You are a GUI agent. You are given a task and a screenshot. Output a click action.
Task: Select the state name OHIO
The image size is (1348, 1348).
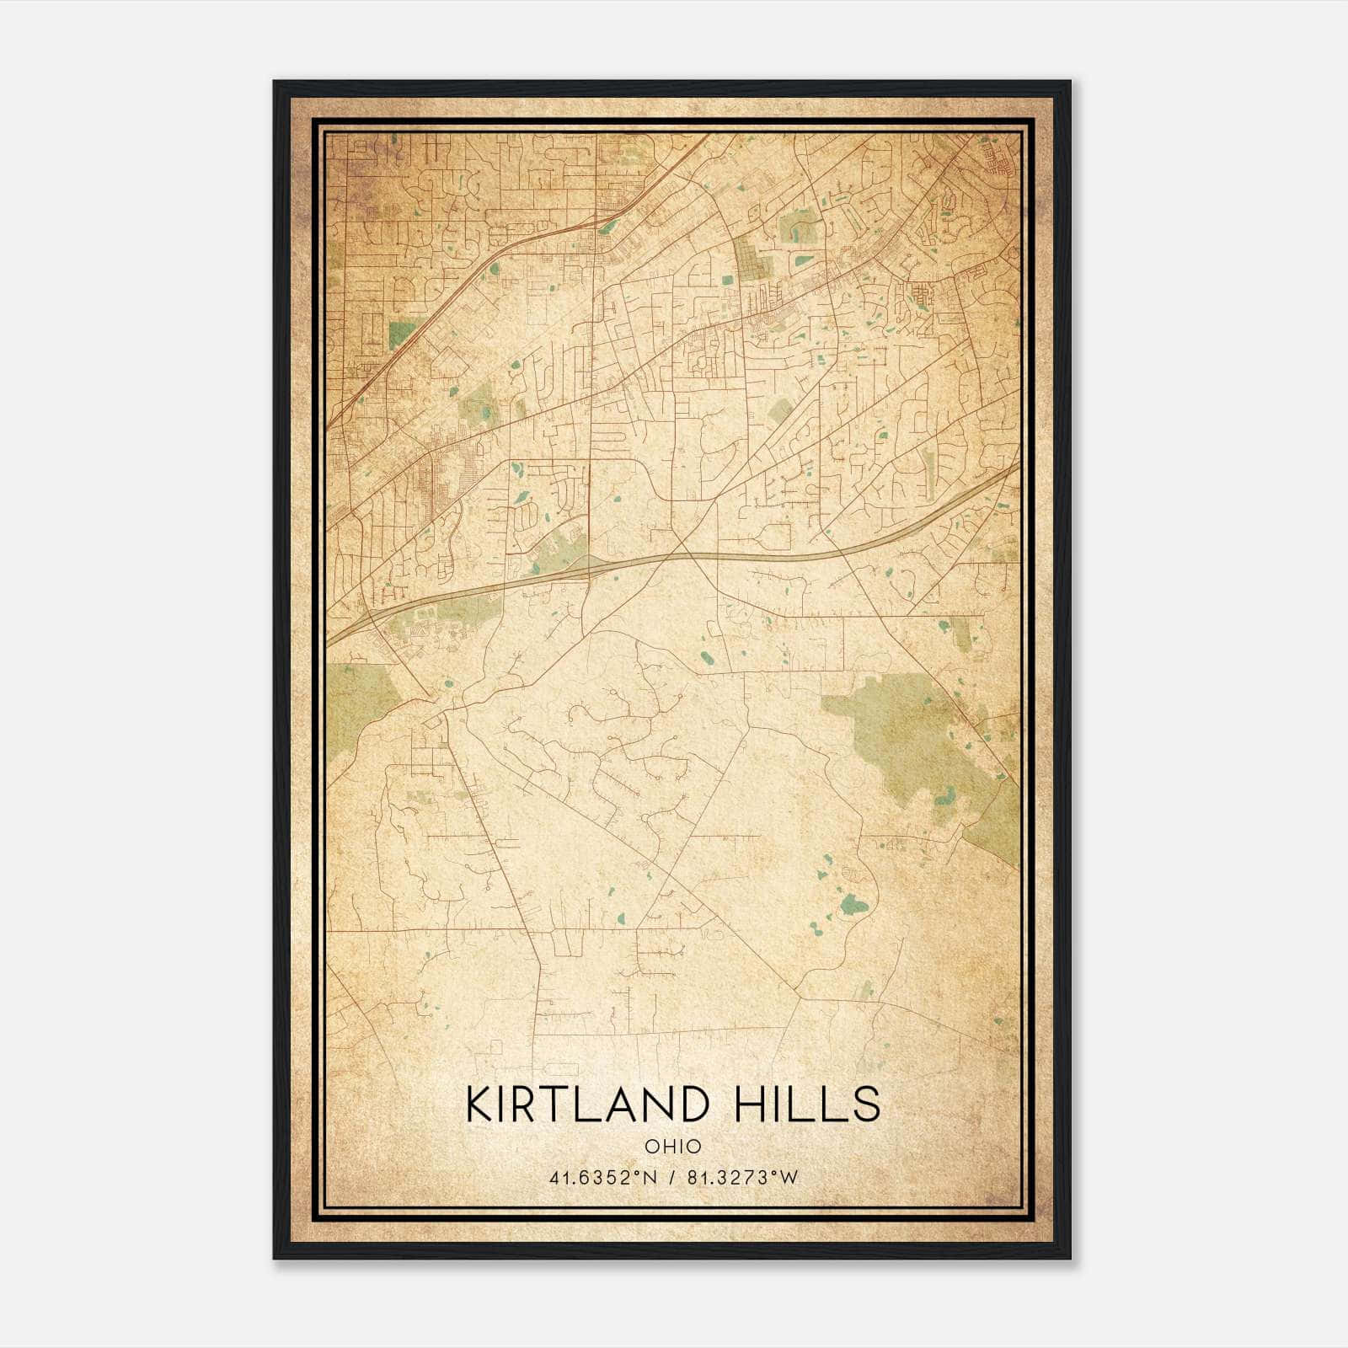click(x=672, y=1147)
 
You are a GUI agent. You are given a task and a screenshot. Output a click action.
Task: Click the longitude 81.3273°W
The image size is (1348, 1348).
click(x=742, y=1178)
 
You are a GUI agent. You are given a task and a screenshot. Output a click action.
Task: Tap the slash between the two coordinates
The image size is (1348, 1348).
click(x=671, y=1178)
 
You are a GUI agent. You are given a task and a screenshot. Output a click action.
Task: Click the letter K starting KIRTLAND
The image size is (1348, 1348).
click(x=479, y=1105)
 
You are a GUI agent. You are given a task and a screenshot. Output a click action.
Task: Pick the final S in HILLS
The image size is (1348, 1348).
click(x=866, y=1105)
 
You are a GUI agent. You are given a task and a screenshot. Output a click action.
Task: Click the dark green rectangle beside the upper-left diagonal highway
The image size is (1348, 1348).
click(x=404, y=334)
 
